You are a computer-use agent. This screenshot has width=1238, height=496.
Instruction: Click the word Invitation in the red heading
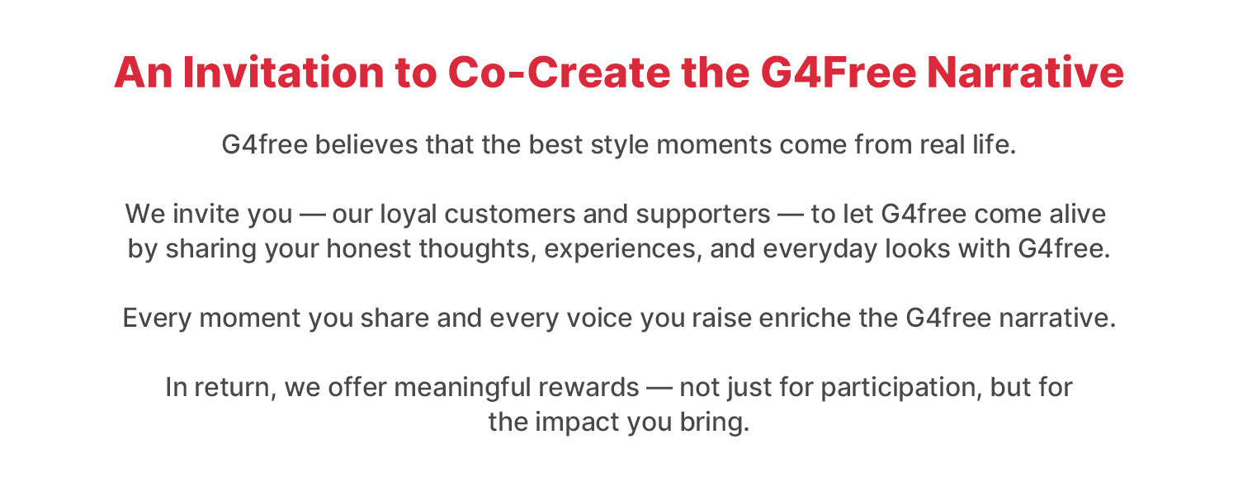tap(283, 73)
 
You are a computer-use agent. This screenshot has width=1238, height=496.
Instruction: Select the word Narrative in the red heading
tap(1025, 73)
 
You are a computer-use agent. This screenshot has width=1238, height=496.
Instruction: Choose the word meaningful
tap(462, 388)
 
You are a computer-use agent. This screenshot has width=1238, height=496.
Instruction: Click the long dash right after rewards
tap(659, 388)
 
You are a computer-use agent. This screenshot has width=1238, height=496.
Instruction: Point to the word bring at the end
tap(714, 423)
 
